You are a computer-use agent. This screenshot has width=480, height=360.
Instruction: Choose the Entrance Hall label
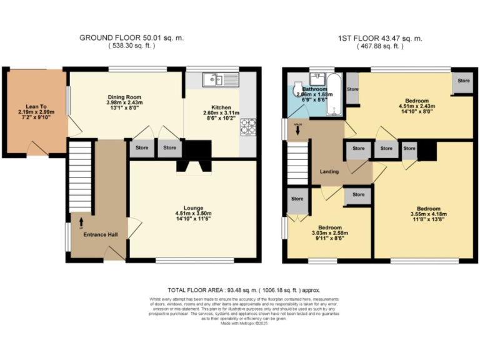[96, 229]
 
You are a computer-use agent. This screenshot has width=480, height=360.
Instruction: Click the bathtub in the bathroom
[334, 94]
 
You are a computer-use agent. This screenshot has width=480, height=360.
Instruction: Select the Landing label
[329, 171]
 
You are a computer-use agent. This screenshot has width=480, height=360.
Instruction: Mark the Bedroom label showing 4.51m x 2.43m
[416, 101]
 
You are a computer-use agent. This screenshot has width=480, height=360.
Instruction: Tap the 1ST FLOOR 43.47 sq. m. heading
[380, 38]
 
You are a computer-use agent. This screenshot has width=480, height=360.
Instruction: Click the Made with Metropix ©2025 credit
[240, 322]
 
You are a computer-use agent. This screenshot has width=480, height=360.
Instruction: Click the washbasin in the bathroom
[316, 79]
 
